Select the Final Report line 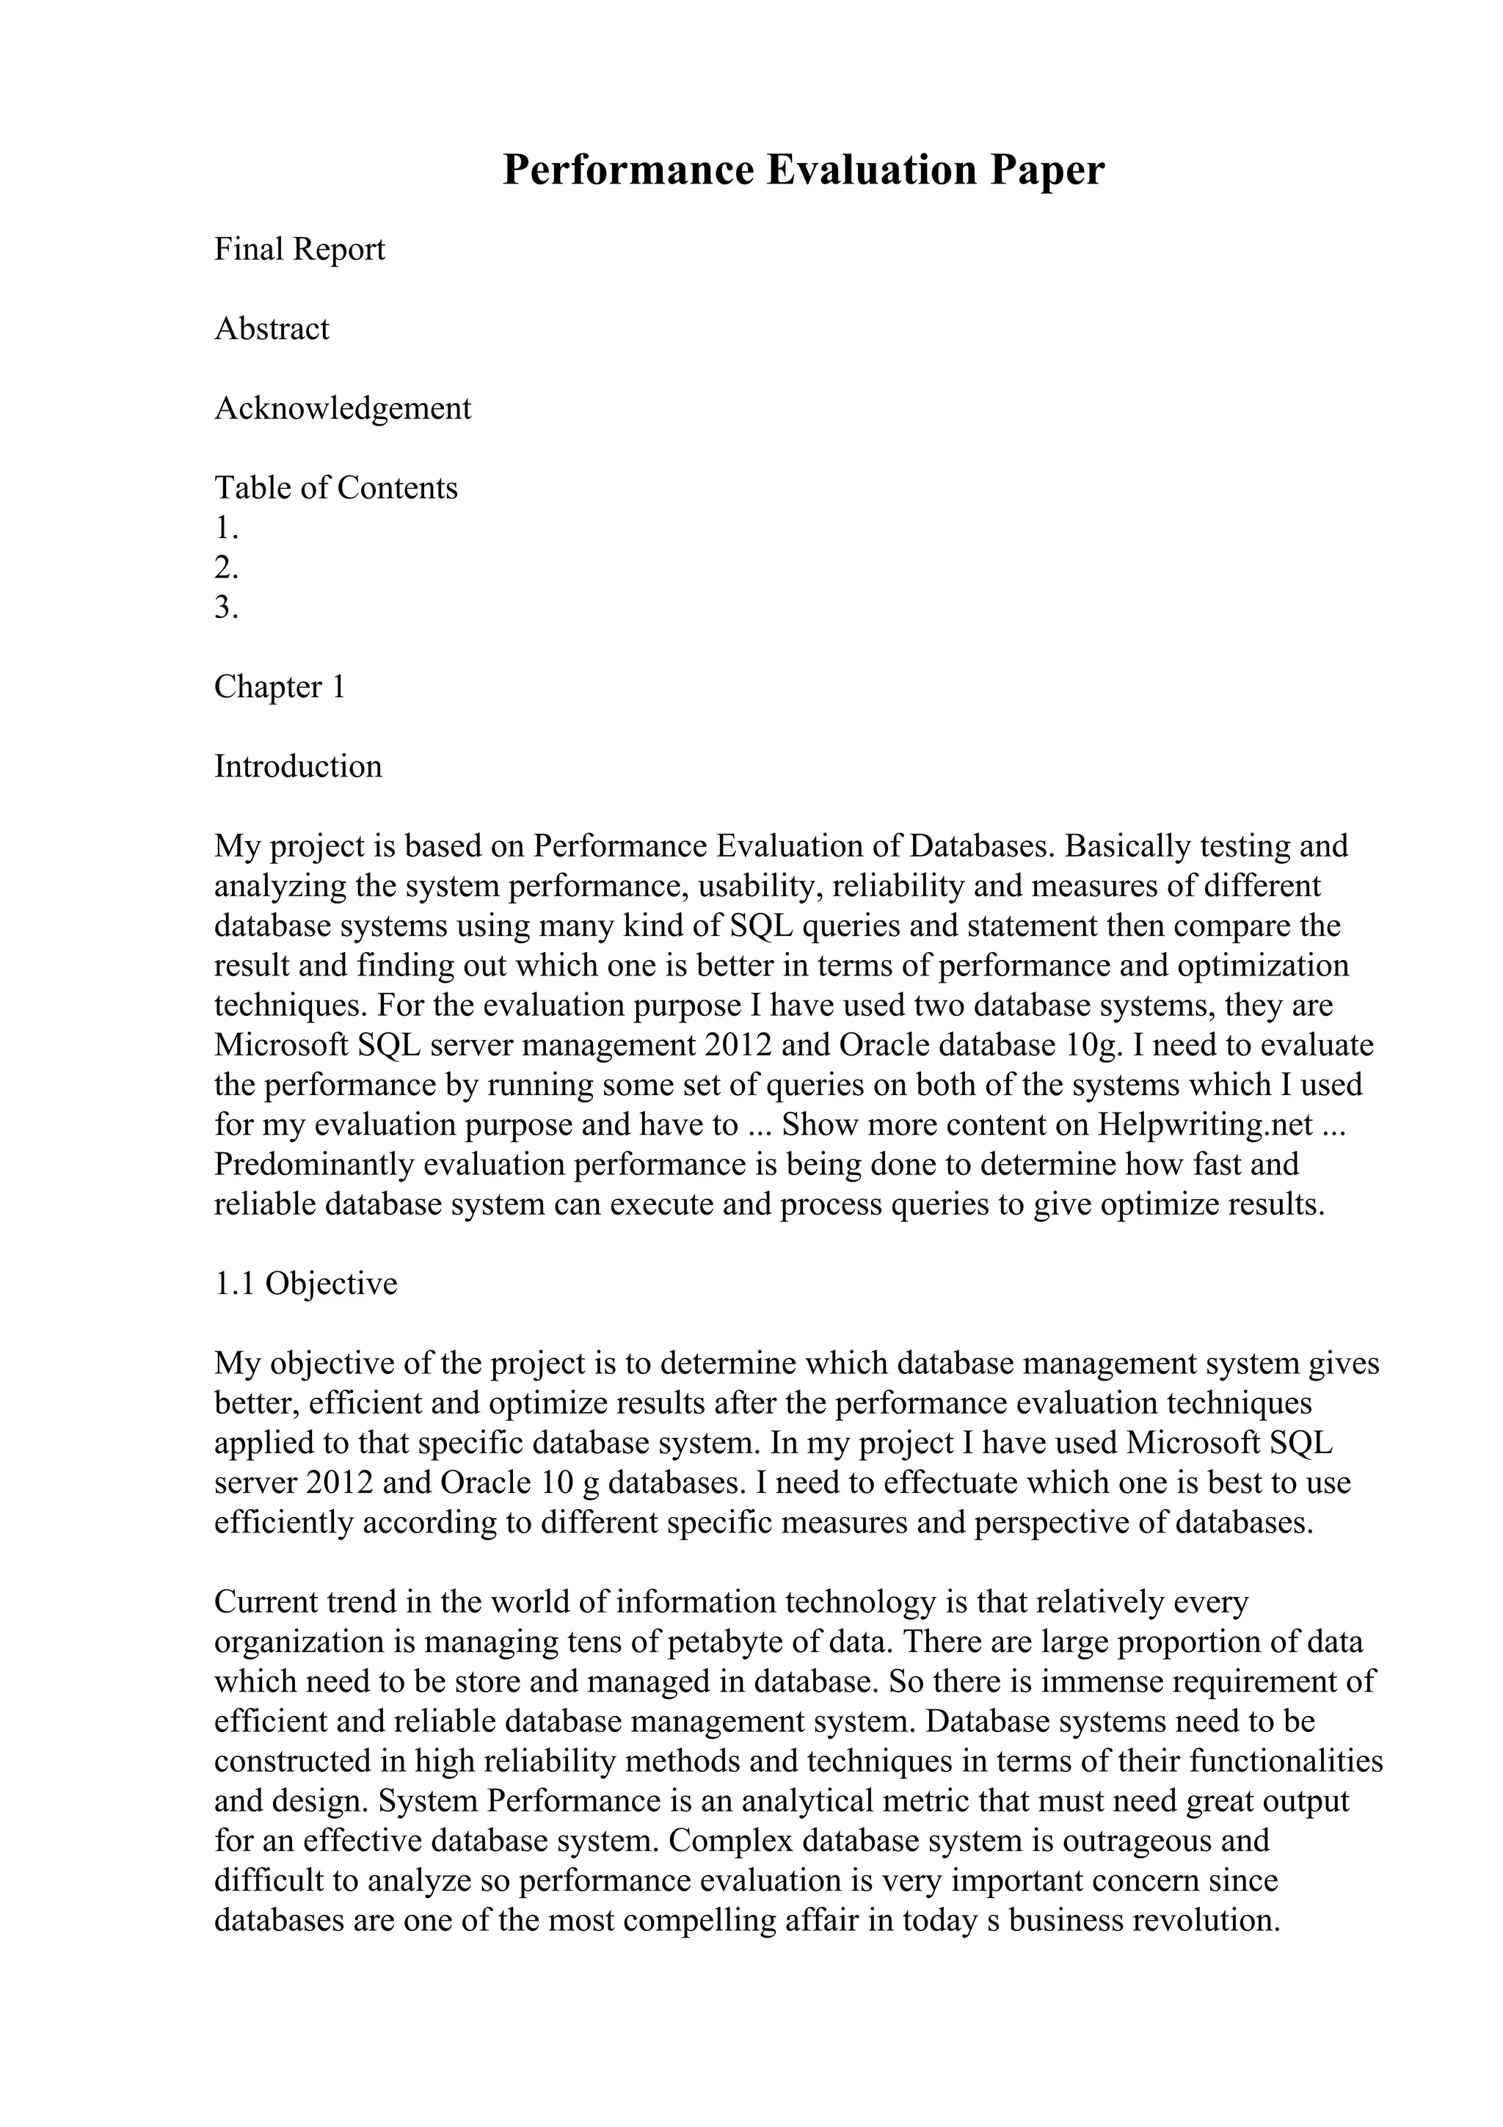(299, 250)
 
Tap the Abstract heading (272, 329)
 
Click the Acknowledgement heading (343, 409)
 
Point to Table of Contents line (336, 487)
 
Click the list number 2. (226, 567)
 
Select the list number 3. (226, 608)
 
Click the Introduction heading (298, 766)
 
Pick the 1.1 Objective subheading (305, 1284)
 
